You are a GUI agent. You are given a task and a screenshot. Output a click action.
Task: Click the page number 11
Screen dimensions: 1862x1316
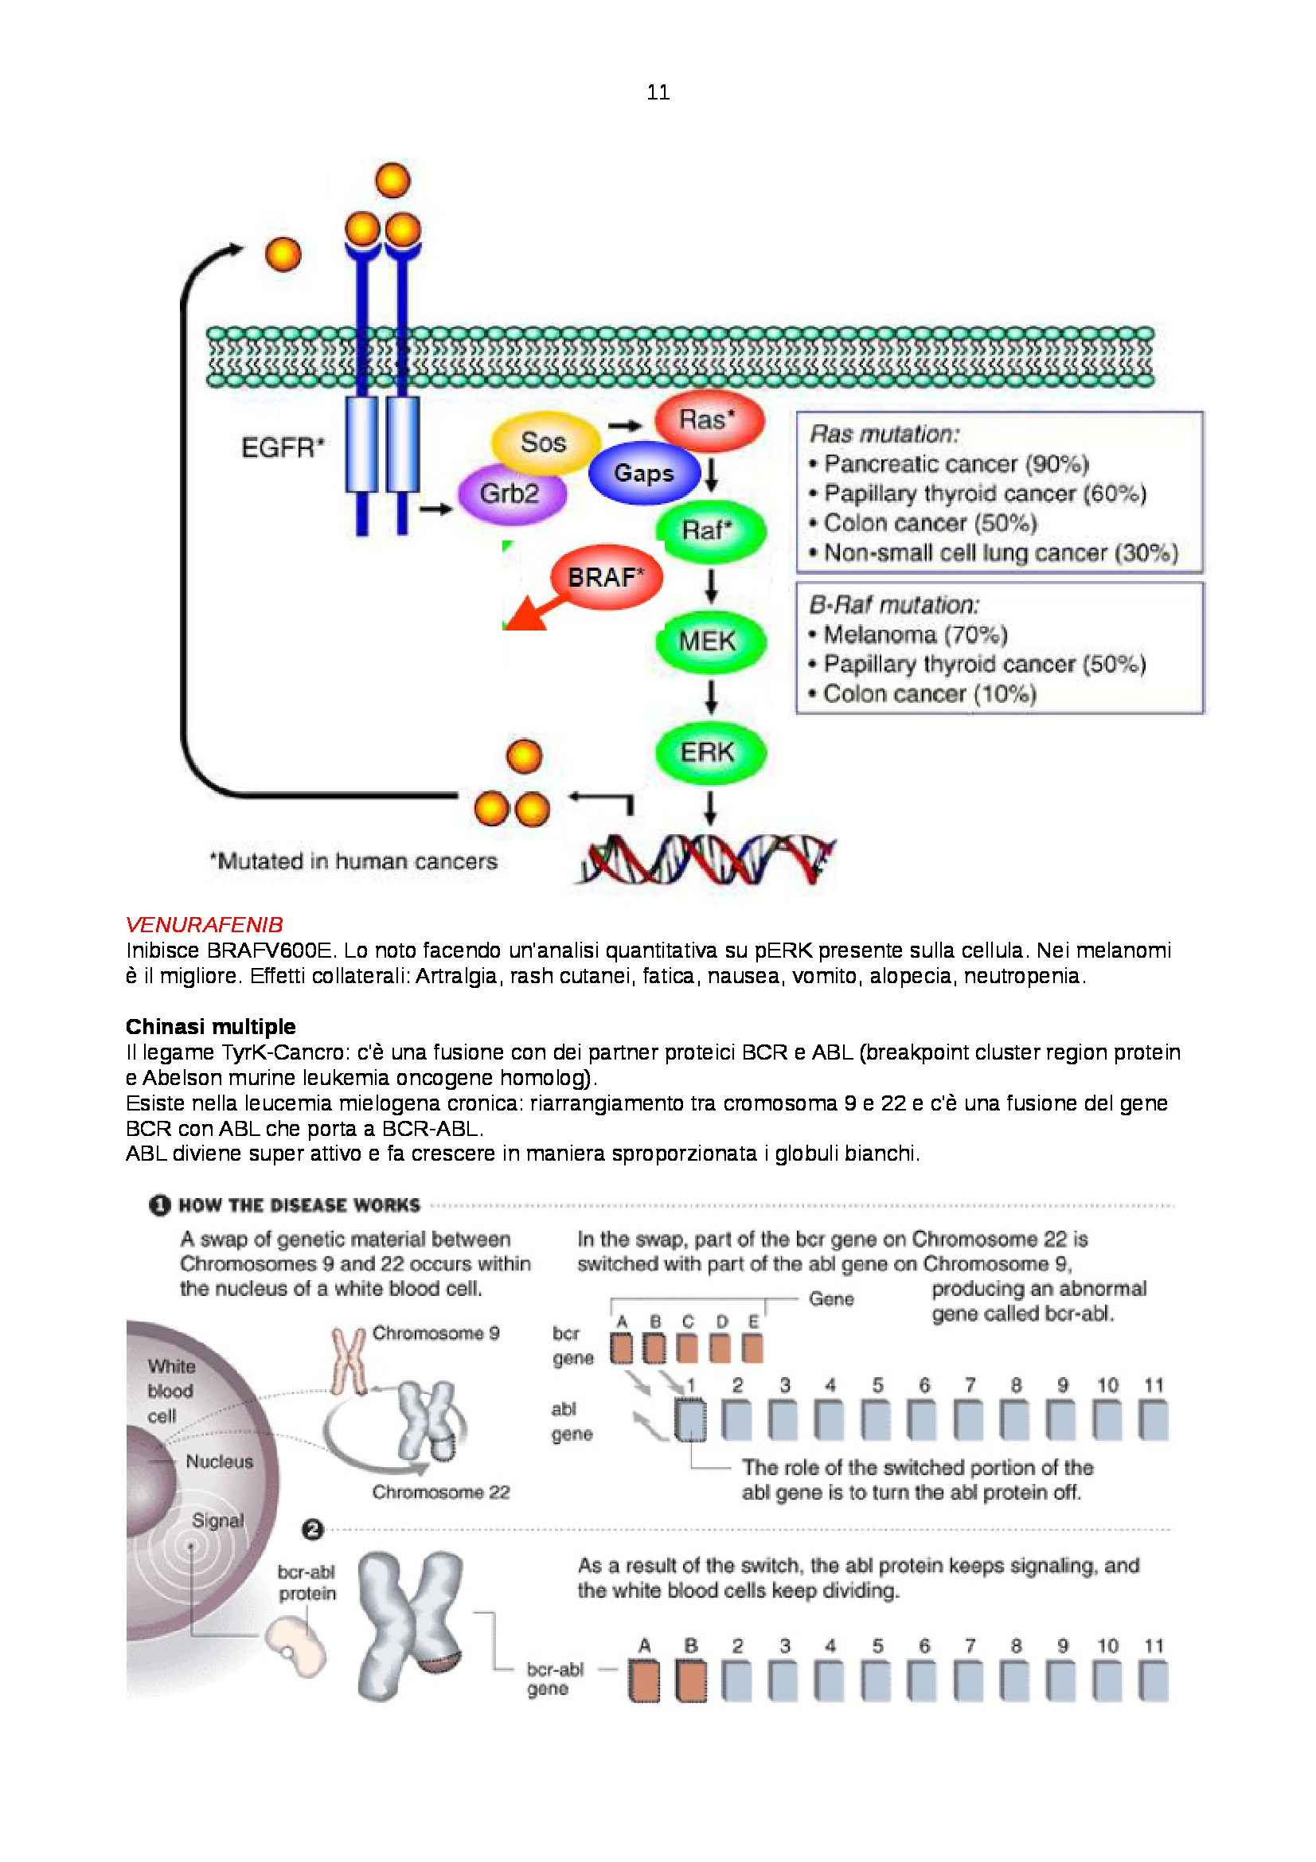point(658,92)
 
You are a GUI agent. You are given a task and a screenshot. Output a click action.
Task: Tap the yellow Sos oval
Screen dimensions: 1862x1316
point(543,443)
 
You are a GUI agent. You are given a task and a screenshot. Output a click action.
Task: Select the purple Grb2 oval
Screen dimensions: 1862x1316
point(510,492)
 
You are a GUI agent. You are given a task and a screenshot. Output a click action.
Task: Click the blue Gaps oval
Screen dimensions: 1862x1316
point(644,473)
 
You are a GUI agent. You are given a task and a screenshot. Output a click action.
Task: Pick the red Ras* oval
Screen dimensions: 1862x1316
point(708,421)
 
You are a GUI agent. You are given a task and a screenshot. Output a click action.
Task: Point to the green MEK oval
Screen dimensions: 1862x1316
point(708,642)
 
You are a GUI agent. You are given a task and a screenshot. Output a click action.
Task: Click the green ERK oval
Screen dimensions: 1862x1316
point(708,752)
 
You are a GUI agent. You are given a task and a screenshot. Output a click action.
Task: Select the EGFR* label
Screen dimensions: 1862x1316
point(282,447)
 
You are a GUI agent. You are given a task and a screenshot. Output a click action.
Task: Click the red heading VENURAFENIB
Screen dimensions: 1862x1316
point(205,924)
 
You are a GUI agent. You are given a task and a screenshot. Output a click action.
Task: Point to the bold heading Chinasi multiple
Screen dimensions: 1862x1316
point(211,1027)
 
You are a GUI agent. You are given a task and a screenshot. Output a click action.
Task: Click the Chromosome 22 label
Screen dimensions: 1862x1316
point(441,1492)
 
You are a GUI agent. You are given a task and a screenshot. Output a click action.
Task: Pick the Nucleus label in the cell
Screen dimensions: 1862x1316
point(219,1462)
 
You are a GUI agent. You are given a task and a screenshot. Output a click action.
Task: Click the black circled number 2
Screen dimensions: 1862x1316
point(312,1529)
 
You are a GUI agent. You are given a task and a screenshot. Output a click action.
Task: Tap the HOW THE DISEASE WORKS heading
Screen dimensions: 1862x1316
point(299,1205)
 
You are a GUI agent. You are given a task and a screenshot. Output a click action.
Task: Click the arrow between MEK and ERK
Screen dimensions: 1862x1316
point(710,697)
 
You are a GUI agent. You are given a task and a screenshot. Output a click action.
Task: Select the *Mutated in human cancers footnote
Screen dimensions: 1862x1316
point(353,861)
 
